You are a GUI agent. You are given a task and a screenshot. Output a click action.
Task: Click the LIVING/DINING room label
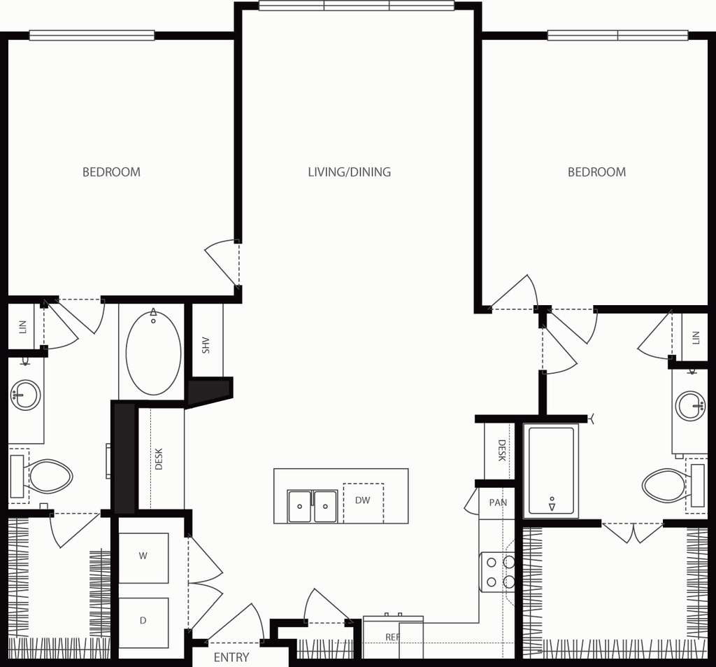click(350, 172)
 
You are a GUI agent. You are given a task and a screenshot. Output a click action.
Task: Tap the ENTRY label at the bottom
click(231, 657)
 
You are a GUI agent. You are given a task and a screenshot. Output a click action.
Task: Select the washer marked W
click(143, 558)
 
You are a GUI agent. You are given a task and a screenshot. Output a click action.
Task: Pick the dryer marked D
click(143, 622)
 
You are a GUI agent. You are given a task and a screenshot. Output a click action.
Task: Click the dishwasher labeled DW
click(363, 503)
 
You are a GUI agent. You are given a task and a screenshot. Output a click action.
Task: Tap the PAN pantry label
click(498, 503)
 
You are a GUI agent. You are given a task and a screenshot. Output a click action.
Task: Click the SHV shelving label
click(206, 345)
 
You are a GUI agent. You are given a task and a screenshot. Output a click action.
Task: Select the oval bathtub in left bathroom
click(153, 352)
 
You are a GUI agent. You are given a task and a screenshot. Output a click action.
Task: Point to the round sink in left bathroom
click(26, 395)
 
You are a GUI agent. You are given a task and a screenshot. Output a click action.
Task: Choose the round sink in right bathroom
click(690, 405)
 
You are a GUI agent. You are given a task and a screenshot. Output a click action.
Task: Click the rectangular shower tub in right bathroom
click(551, 470)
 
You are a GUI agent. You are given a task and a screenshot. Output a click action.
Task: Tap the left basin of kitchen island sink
click(299, 506)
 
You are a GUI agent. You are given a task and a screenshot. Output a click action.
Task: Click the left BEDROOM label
click(111, 172)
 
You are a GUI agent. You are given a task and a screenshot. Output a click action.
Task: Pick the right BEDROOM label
click(597, 172)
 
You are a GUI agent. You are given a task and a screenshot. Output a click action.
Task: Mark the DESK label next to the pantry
click(502, 450)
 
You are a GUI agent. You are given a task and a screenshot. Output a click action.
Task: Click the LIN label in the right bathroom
click(696, 338)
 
